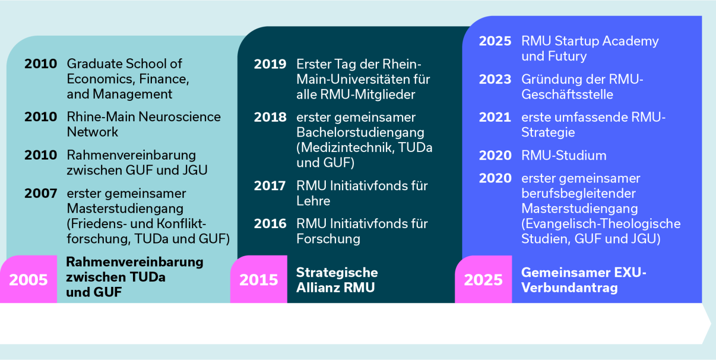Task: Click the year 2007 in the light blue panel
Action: (x=41, y=194)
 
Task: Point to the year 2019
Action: (x=270, y=64)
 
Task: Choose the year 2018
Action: (x=270, y=117)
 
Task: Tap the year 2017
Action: (x=270, y=186)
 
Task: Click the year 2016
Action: (x=270, y=223)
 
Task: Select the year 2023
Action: (x=495, y=79)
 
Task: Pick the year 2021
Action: (x=495, y=117)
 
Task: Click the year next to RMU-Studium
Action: (x=495, y=155)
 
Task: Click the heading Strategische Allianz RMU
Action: (x=337, y=280)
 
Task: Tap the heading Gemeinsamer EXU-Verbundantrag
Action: (x=584, y=280)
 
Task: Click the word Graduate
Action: (x=92, y=64)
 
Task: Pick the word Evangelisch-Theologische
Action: (x=601, y=224)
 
